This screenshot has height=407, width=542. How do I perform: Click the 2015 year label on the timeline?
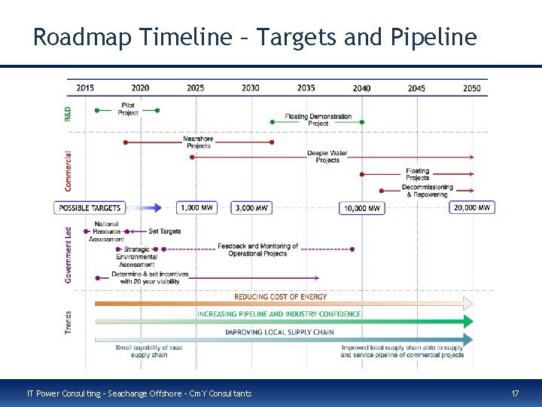(x=85, y=88)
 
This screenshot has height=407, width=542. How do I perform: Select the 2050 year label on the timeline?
(x=472, y=88)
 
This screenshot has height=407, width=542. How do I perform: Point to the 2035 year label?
(x=306, y=88)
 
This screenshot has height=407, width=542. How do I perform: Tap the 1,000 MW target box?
(x=196, y=207)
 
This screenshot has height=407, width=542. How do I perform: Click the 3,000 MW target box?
(x=251, y=207)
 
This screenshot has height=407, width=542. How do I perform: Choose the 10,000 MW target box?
(x=362, y=208)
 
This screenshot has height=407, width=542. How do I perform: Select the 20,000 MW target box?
(x=472, y=207)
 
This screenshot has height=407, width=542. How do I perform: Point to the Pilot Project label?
(x=128, y=109)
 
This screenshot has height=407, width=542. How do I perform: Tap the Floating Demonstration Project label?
(x=318, y=120)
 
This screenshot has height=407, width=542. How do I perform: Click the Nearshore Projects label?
(x=198, y=142)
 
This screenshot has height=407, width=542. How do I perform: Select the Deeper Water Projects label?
(x=327, y=157)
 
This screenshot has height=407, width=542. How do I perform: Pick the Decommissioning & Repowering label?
(x=427, y=191)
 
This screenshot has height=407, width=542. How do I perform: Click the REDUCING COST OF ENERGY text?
(x=280, y=297)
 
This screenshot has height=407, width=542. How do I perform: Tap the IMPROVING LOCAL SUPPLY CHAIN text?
(x=279, y=332)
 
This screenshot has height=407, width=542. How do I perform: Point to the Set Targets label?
(x=164, y=231)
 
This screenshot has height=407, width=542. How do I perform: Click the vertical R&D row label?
(x=69, y=113)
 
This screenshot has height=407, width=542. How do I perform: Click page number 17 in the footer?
(x=515, y=393)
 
